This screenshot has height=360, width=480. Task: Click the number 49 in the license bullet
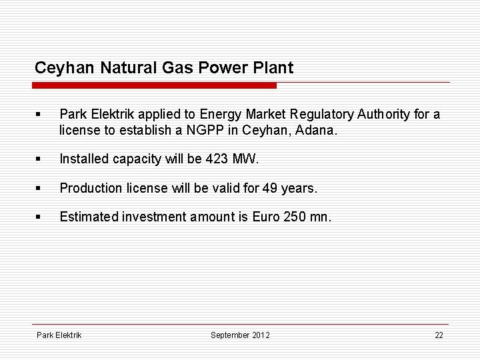coord(269,188)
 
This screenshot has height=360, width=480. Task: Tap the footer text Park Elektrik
coord(59,335)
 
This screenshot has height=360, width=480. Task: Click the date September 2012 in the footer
coord(240,335)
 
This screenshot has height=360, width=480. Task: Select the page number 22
coord(438,335)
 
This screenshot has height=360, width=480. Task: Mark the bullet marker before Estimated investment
coord(40,217)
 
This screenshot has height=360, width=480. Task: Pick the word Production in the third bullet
coord(89,188)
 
